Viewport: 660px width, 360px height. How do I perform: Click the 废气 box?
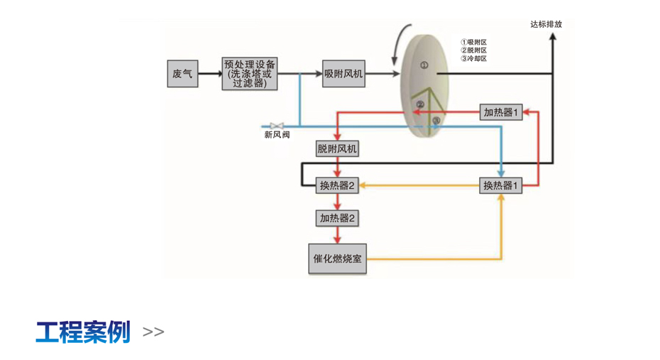(x=182, y=73)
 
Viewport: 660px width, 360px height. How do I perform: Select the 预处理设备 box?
(x=248, y=73)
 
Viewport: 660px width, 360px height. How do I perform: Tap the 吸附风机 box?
(x=344, y=73)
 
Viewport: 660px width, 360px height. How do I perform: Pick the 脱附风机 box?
(x=337, y=149)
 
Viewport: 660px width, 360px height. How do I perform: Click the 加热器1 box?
(x=502, y=112)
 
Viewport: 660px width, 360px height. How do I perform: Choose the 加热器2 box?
(x=337, y=218)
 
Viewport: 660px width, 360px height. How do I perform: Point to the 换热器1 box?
(x=502, y=186)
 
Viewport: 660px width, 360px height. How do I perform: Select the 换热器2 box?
(x=337, y=186)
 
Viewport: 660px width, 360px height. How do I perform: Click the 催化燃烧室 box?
(x=337, y=258)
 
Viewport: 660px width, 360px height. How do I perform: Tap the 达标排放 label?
(x=546, y=24)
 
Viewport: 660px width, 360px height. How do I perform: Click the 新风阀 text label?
(x=277, y=135)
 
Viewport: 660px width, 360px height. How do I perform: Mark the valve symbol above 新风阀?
(x=277, y=125)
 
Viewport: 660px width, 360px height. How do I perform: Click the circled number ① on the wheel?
(x=424, y=65)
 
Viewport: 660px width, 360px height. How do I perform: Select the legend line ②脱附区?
(x=474, y=50)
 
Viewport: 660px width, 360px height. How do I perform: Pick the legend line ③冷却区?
(x=474, y=59)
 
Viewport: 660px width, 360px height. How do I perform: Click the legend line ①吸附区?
(x=474, y=43)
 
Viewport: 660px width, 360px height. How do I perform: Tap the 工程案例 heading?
(x=83, y=332)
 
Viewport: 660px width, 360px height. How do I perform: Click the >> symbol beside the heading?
(x=153, y=332)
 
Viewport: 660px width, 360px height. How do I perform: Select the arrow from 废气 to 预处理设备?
(x=209, y=73)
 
